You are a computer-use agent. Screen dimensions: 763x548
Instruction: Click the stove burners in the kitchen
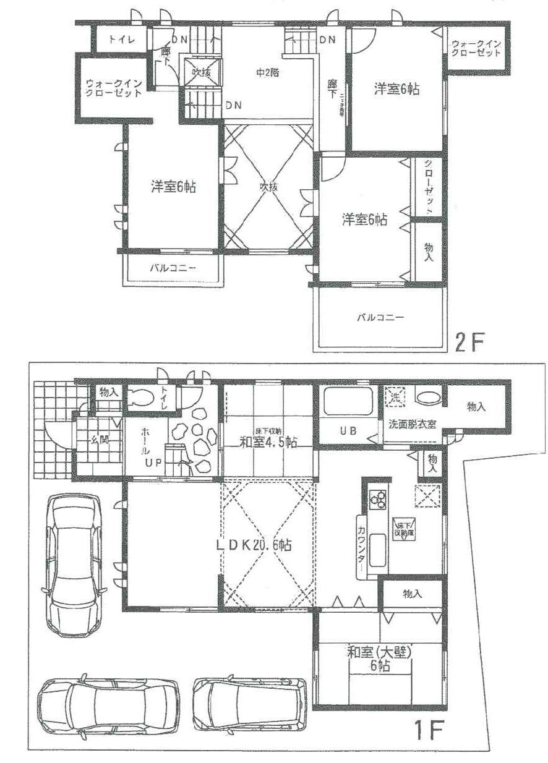click(378, 498)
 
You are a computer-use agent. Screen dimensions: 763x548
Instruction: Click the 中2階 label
click(268, 72)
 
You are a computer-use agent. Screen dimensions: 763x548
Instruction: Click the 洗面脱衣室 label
click(413, 425)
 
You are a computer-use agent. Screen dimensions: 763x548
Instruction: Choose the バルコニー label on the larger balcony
click(380, 317)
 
